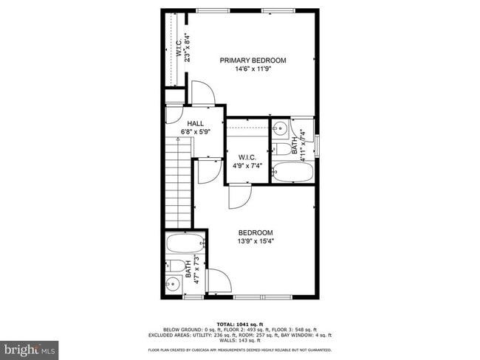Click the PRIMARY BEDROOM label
point(252,60)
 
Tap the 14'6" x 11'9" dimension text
point(252,70)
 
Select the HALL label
point(195,123)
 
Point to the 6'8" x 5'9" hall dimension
point(196,133)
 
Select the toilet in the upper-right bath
point(283,148)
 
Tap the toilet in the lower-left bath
point(176,266)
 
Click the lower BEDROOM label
point(255,232)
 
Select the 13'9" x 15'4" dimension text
point(255,242)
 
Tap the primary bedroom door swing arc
point(202,94)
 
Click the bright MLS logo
point(29,347)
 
